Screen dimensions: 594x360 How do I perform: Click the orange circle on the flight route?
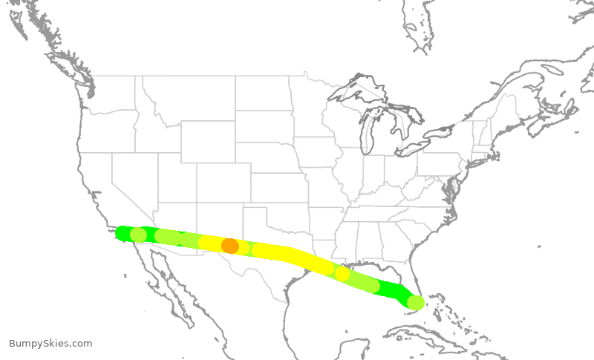(x=230, y=246)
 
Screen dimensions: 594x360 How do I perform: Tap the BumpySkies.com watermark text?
(x=50, y=344)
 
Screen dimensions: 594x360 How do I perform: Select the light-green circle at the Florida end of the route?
(x=416, y=302)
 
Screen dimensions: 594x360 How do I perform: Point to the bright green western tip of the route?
(x=122, y=233)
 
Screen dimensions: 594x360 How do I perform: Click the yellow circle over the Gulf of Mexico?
(x=342, y=273)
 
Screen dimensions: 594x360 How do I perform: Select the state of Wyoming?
(x=207, y=142)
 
